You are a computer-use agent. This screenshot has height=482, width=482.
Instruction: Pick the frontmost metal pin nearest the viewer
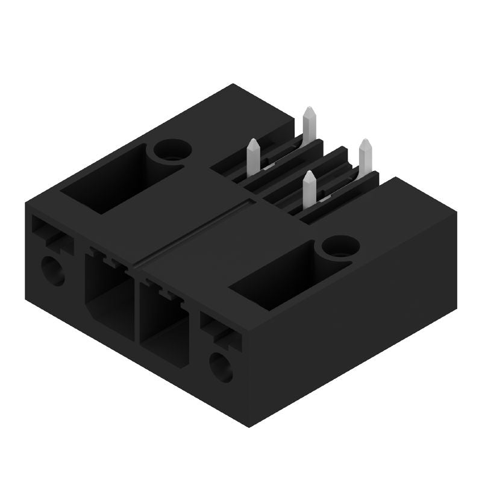click(x=309, y=190)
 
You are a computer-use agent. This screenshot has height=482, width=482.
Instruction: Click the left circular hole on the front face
click(x=53, y=270)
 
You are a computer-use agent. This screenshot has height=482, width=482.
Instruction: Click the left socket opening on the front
click(x=108, y=295)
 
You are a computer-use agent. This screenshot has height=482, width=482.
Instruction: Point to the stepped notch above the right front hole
click(x=221, y=331)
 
